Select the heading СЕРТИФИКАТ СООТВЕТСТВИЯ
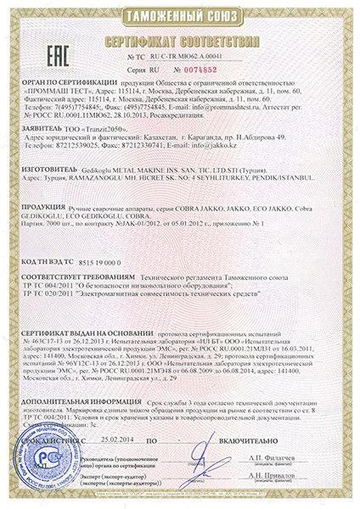181,38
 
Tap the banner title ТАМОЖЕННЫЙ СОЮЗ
180,15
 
